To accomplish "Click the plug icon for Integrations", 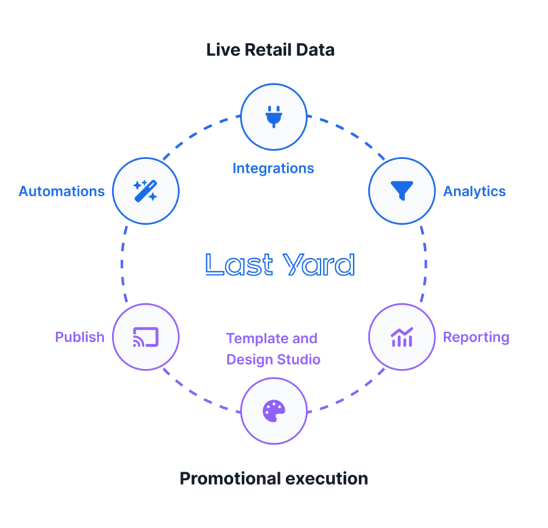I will pyautogui.click(x=273, y=116).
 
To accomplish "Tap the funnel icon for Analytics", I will pyautogui.click(x=402, y=191).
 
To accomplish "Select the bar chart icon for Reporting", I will pyautogui.click(x=402, y=337).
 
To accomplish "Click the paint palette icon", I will pyautogui.click(x=273, y=410).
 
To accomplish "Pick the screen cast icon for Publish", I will pyautogui.click(x=146, y=337).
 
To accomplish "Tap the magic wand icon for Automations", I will pyautogui.click(x=146, y=191).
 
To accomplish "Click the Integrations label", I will pyautogui.click(x=273, y=169).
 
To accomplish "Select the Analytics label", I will pyautogui.click(x=475, y=191).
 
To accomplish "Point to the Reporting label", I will pyautogui.click(x=476, y=337).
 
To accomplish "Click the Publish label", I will pyautogui.click(x=80, y=337).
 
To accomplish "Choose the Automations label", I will pyautogui.click(x=62, y=191).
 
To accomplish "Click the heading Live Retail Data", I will pyautogui.click(x=270, y=50).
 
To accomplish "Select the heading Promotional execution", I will pyautogui.click(x=273, y=478).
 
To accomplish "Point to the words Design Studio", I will pyautogui.click(x=273, y=360).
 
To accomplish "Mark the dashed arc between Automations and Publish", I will pyautogui.click(x=121, y=264).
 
